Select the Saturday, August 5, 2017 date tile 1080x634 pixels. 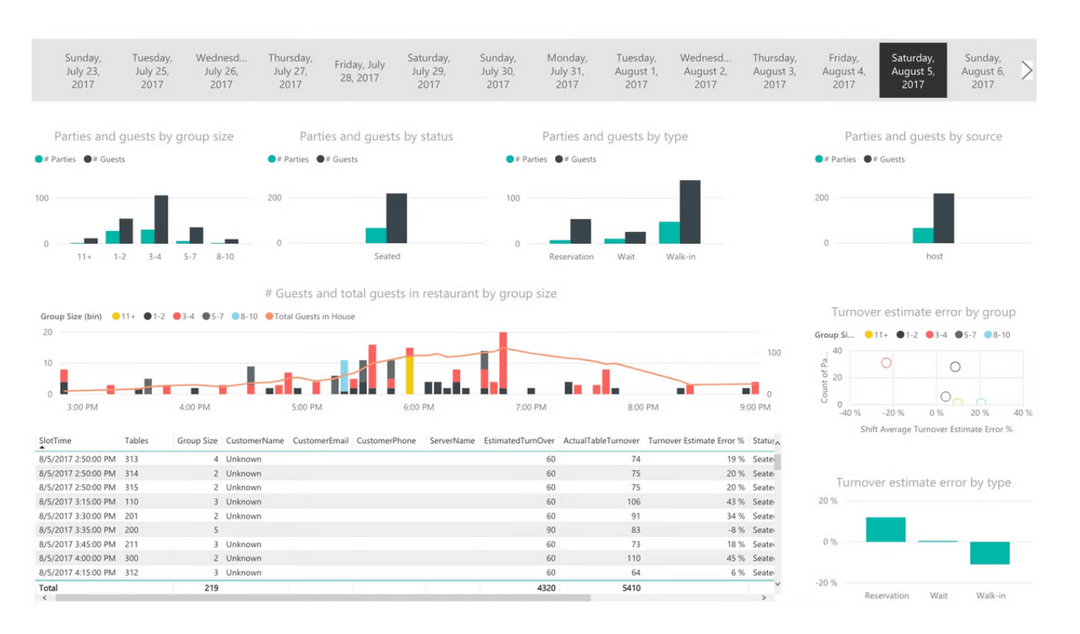tap(912, 71)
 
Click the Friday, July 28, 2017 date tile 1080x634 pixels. tap(360, 71)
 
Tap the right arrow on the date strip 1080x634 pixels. tap(1026, 70)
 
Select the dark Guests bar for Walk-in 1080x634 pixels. tap(690, 212)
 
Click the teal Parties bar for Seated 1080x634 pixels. tap(376, 236)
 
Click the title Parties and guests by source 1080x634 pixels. tap(922, 136)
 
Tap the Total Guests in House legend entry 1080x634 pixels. tap(314, 316)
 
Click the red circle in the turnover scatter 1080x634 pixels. tap(886, 363)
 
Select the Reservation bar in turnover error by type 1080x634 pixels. tap(885, 530)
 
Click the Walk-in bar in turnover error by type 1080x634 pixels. tap(990, 553)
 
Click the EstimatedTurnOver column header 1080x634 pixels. tap(519, 441)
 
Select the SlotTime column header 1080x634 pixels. tap(56, 441)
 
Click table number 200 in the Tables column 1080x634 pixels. tap(132, 530)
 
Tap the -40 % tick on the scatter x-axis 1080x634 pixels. tap(850, 413)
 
